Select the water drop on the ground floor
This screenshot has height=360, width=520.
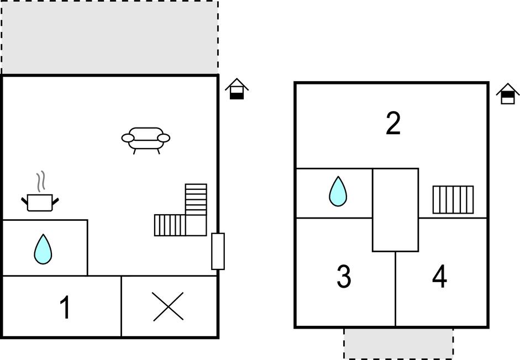tap(43, 249)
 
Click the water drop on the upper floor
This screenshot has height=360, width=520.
tap(338, 191)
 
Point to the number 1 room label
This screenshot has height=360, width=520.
tap(65, 307)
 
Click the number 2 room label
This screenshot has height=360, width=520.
tap(393, 123)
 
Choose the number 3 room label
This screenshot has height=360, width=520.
tap(344, 276)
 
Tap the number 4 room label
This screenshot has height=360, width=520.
tap(440, 276)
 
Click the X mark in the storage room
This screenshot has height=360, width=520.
tap(168, 306)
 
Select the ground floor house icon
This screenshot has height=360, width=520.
tap(237, 89)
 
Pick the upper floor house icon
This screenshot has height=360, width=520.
tap(508, 94)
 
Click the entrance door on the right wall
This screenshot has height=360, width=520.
tap(218, 251)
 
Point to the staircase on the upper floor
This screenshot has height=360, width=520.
tap(453, 199)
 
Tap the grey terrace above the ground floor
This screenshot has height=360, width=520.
tap(110, 37)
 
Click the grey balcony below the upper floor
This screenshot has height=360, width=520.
tap(398, 343)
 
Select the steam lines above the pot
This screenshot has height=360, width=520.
tap(41, 182)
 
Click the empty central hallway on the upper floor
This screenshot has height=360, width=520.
tap(395, 210)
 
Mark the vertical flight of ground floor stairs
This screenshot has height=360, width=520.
tap(196, 199)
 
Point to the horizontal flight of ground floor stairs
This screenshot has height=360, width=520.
tap(170, 225)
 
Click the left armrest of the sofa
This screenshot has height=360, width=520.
tap(128, 138)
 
